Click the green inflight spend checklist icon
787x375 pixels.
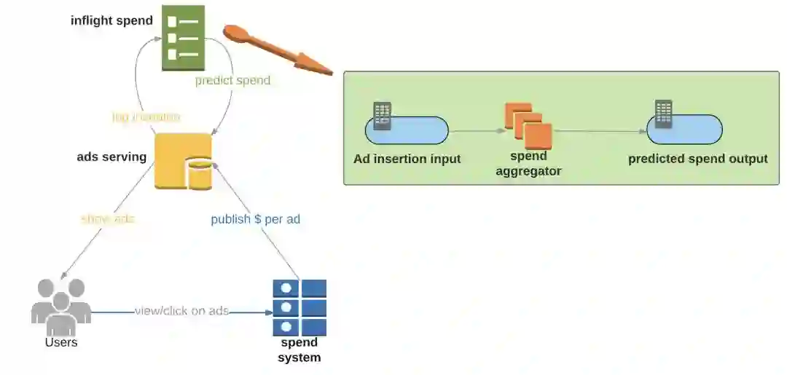(x=183, y=38)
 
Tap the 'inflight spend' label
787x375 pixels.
(x=111, y=20)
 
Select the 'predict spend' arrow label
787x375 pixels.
(x=232, y=80)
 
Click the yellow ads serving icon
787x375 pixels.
(x=182, y=161)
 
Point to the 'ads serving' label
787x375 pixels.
(x=111, y=157)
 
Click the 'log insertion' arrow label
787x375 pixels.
(x=146, y=117)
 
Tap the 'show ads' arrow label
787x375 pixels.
(x=108, y=218)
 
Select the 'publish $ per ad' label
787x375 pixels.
(x=256, y=219)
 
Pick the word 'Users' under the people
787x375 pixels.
(x=61, y=342)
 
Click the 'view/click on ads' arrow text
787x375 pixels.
(x=181, y=311)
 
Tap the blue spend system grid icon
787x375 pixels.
(x=299, y=307)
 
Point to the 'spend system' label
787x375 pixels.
(x=299, y=350)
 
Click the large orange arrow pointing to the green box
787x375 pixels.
(x=277, y=50)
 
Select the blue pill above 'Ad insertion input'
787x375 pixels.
(x=407, y=130)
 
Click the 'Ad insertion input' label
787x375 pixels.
(x=407, y=159)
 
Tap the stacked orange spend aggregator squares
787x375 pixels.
(x=528, y=125)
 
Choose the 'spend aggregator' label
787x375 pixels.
(x=528, y=164)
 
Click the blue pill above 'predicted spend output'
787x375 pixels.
(x=684, y=130)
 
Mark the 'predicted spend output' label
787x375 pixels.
(x=697, y=159)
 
